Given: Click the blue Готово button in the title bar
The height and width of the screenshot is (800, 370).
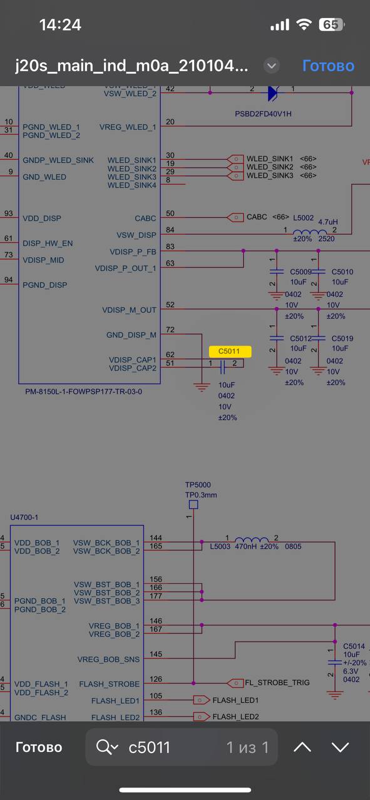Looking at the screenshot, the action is coord(328,66).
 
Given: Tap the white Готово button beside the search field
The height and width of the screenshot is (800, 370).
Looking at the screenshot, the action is coord(39,747).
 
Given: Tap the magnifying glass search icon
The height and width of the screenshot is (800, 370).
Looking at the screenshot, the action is coord(104,747).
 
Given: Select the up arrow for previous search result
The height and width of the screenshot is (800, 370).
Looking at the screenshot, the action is coord(302,747).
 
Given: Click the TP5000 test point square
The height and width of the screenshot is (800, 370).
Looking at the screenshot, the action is coord(193,504).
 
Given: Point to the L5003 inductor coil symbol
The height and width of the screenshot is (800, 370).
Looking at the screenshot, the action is coord(252,539).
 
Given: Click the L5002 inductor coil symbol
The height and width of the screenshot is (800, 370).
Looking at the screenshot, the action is coord(310,232).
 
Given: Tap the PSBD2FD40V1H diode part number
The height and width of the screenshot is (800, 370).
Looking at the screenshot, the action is coord(263,114).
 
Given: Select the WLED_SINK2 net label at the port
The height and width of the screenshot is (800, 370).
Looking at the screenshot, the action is coord(270,167).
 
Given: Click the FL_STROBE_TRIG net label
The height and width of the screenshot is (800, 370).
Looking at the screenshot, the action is coord(277,682).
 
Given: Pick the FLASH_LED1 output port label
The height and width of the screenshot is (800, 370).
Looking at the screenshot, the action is coord(235,700).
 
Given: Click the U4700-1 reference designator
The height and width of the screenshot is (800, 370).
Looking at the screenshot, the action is coord(24,517).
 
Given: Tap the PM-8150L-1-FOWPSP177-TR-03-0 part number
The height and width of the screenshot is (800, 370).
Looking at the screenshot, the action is coord(83,391).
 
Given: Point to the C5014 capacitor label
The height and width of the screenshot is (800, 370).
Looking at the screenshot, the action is coord(354,646).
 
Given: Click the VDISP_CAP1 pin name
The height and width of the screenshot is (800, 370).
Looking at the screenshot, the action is coord(133,359).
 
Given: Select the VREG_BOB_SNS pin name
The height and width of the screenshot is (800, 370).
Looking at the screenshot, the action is coord(108,659).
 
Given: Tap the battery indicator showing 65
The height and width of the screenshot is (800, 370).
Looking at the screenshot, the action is coord(331,24).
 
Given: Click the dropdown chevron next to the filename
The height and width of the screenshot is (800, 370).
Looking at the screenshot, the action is coord(272,66).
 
